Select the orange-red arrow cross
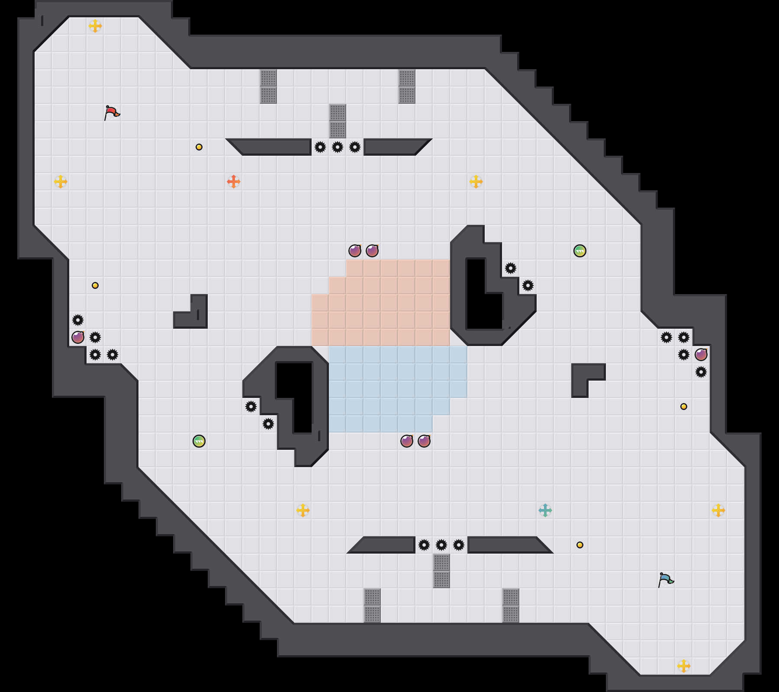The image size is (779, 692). click(x=234, y=182)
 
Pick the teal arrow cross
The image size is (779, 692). click(x=545, y=510)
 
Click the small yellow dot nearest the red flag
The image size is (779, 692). click(x=199, y=147)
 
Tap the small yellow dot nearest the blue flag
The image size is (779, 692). click(x=580, y=545)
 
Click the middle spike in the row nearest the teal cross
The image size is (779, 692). click(x=441, y=545)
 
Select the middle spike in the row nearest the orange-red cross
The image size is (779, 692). click(x=338, y=147)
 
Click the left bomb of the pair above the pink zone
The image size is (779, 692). click(x=355, y=251)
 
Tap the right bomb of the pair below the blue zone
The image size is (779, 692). click(x=424, y=441)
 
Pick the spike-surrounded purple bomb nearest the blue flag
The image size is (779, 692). click(x=701, y=355)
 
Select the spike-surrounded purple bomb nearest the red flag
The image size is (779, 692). click(x=78, y=337)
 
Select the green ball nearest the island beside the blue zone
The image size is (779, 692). click(x=199, y=441)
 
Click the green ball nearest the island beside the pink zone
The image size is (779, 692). click(x=580, y=251)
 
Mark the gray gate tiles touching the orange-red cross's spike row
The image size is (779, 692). click(x=338, y=121)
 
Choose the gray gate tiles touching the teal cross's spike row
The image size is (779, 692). click(x=441, y=571)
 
